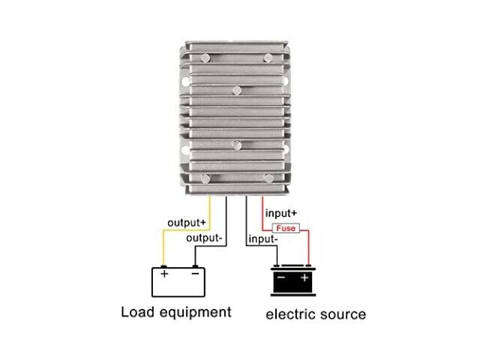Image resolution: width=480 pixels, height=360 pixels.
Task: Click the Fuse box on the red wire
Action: [x=286, y=228]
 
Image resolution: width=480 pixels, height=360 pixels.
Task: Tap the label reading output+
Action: [x=187, y=223]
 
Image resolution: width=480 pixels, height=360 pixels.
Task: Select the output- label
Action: [x=204, y=239]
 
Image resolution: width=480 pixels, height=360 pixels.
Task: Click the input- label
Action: [x=264, y=239]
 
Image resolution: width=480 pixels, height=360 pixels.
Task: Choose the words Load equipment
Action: [x=176, y=312]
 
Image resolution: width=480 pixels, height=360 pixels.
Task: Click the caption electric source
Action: [x=316, y=313]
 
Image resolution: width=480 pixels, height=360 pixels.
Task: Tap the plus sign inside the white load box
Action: [x=164, y=274]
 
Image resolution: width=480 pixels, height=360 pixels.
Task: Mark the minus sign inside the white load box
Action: [x=196, y=274]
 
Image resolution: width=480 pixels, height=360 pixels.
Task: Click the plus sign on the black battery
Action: [x=305, y=278]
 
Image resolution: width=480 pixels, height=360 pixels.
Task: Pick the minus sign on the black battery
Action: [x=280, y=278]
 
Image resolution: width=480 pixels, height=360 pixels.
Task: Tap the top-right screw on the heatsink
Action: [x=267, y=58]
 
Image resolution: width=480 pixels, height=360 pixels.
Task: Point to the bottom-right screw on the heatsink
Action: [x=268, y=178]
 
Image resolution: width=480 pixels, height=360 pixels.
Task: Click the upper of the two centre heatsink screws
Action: [x=236, y=91]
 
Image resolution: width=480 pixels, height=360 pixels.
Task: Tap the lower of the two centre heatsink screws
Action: [x=236, y=145]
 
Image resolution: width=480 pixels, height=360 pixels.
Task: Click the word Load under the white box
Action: [x=139, y=312]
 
